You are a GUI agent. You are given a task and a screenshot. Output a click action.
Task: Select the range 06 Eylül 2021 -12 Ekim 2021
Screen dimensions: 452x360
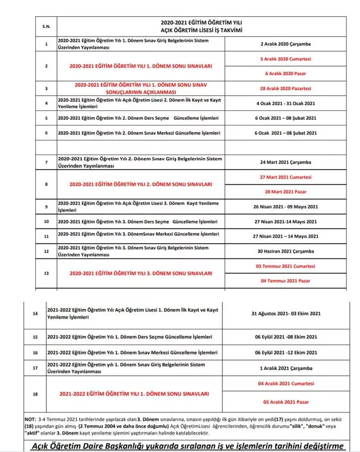pos(287,353)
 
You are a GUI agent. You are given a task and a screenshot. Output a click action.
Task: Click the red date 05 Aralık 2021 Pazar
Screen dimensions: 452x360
pos(287,402)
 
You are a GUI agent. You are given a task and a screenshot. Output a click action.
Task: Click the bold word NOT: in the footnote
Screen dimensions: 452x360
pos(31,418)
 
